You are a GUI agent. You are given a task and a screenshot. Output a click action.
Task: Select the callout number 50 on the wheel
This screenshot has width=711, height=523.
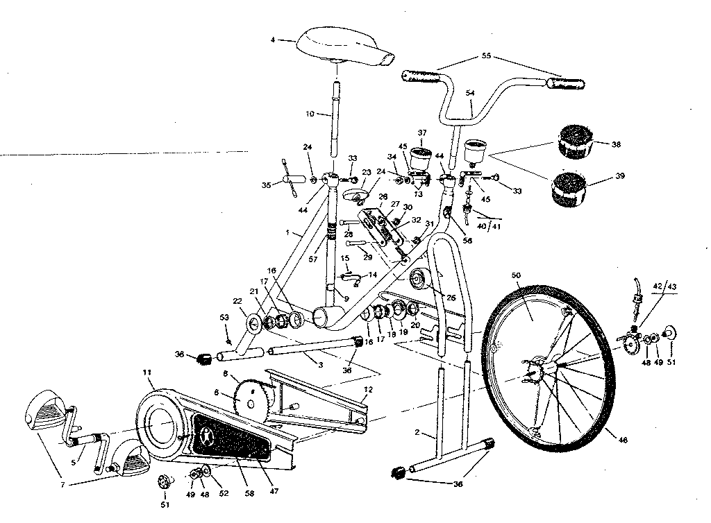pos(515,276)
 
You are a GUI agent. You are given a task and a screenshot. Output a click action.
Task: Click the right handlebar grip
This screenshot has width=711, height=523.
pos(565,84)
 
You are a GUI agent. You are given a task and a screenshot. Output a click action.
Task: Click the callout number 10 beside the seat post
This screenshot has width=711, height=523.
pos(309,113)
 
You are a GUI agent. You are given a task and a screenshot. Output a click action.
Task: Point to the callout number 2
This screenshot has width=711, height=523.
pos(416,434)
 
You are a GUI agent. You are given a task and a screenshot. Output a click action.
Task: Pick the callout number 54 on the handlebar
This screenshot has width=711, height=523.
pos(470,92)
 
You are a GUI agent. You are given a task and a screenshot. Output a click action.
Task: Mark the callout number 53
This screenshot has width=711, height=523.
pos(224,318)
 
